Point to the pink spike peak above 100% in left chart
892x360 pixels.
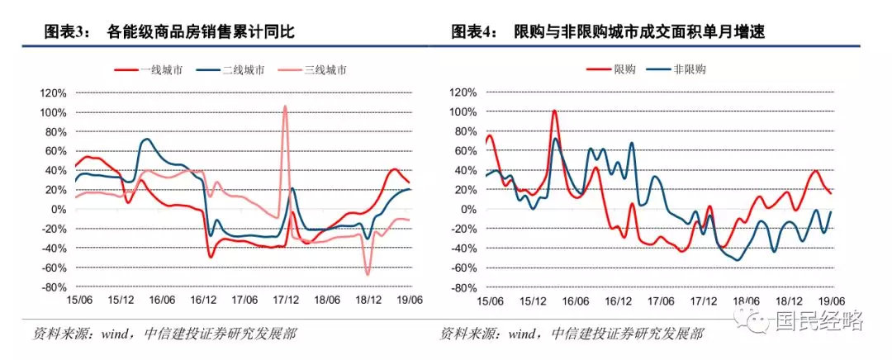(x=285, y=106)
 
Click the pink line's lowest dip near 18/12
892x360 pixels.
(x=367, y=273)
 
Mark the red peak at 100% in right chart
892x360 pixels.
(x=553, y=111)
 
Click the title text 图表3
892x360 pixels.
(x=69, y=32)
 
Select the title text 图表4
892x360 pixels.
(x=475, y=32)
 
